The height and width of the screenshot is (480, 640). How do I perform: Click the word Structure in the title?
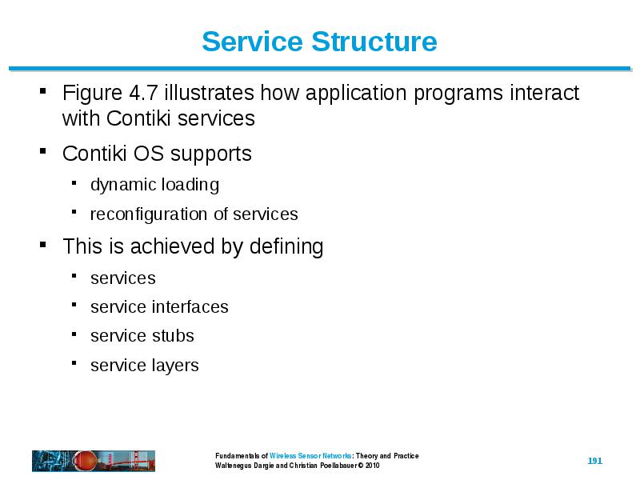[x=374, y=42]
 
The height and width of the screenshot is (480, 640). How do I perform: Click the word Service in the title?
[x=253, y=42]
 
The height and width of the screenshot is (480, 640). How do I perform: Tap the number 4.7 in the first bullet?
[x=143, y=93]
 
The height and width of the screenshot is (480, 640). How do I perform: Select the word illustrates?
[x=210, y=93]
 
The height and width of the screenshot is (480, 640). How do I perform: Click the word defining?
[x=286, y=248]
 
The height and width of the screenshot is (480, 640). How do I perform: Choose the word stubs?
[x=173, y=336]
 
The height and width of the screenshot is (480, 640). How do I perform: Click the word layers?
[x=175, y=366]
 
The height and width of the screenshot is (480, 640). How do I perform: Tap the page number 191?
[x=594, y=461]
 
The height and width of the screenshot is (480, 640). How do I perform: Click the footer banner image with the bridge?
[x=94, y=461]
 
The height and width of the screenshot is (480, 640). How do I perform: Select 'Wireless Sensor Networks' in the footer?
[x=310, y=456]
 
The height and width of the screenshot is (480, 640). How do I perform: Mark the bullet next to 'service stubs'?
[x=74, y=334]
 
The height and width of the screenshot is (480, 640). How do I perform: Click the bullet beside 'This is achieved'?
[x=43, y=245]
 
